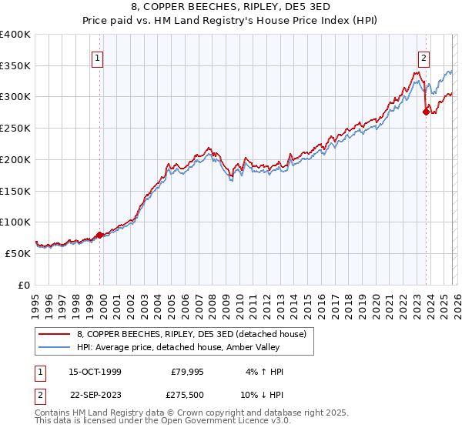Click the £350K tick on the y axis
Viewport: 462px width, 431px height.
tap(15, 66)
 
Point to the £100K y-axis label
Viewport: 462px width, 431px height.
tap(15, 222)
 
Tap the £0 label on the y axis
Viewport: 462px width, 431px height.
tap(23, 285)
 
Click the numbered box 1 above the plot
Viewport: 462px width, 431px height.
tap(99, 56)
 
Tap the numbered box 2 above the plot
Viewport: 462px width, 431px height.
tap(424, 56)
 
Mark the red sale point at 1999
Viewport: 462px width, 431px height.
tap(100, 235)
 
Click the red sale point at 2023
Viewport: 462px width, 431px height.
tap(426, 112)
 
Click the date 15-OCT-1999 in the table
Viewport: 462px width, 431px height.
tap(89, 373)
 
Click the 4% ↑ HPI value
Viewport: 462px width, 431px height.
tap(265, 373)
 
